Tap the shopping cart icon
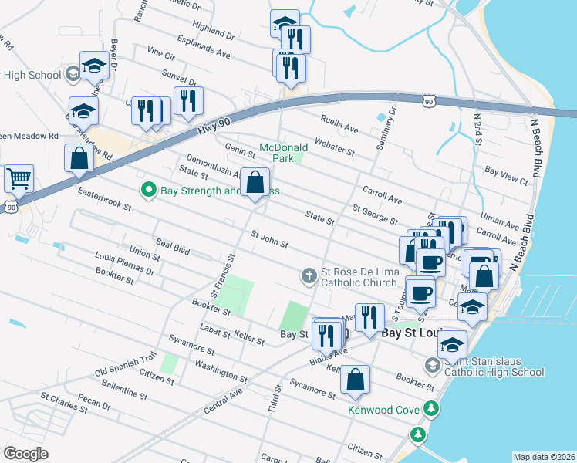point(19,178)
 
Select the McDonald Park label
point(283,152)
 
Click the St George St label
point(374,214)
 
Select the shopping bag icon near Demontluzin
point(255,183)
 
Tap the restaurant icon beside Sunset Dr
point(188,101)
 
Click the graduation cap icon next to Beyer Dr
point(94,66)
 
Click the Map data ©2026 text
point(544,457)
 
